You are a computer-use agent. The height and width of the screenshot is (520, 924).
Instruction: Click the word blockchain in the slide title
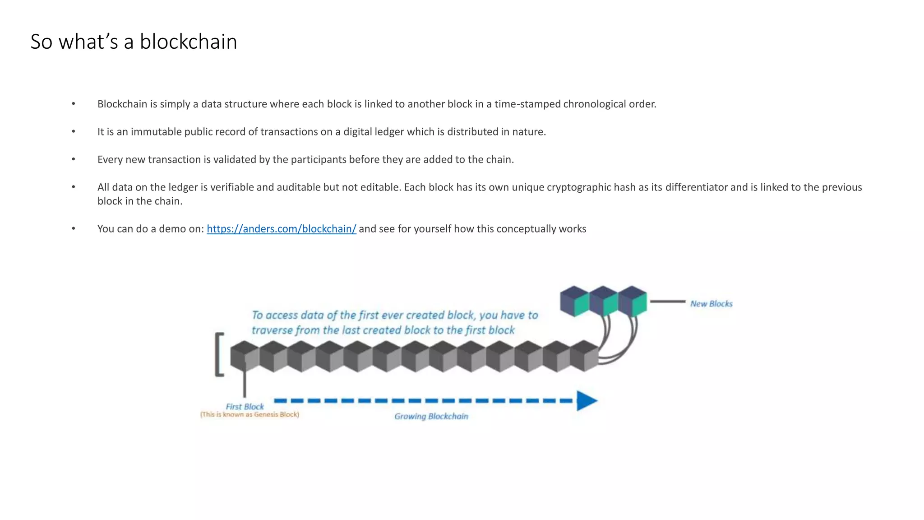tap(188, 42)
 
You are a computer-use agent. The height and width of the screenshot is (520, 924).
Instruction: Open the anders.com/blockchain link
tap(281, 229)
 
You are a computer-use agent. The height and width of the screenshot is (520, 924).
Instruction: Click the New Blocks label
tap(711, 304)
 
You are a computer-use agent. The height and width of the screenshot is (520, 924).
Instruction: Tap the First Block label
tap(245, 406)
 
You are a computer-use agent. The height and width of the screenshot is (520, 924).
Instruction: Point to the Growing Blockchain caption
tap(431, 416)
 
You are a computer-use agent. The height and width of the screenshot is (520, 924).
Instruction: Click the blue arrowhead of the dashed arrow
tap(587, 400)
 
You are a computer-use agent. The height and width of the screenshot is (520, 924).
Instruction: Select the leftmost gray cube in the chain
tap(245, 357)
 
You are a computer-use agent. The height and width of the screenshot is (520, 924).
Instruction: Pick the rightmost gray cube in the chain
tap(584, 357)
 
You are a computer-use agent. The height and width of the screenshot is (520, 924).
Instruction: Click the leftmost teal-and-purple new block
tap(574, 301)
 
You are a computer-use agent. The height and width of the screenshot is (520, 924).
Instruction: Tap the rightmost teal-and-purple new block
tap(633, 301)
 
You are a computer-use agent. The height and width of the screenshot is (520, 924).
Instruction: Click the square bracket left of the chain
tap(219, 354)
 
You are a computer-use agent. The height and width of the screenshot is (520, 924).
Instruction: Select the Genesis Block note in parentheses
tap(249, 414)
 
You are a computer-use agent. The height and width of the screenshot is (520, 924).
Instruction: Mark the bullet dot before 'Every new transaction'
tap(74, 159)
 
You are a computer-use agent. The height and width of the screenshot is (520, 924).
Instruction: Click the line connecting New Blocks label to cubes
tap(667, 302)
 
